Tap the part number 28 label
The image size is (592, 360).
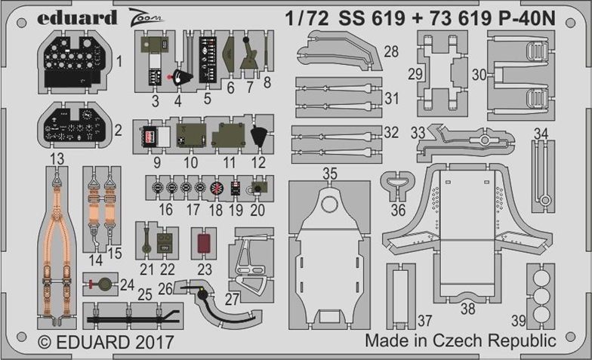click(390, 51)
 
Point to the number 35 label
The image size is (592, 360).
click(329, 174)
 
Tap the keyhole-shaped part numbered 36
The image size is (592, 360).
click(396, 183)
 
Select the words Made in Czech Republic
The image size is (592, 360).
click(461, 341)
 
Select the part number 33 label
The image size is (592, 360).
click(418, 131)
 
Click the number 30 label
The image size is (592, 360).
click(479, 75)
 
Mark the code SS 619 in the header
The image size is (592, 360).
click(366, 18)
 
